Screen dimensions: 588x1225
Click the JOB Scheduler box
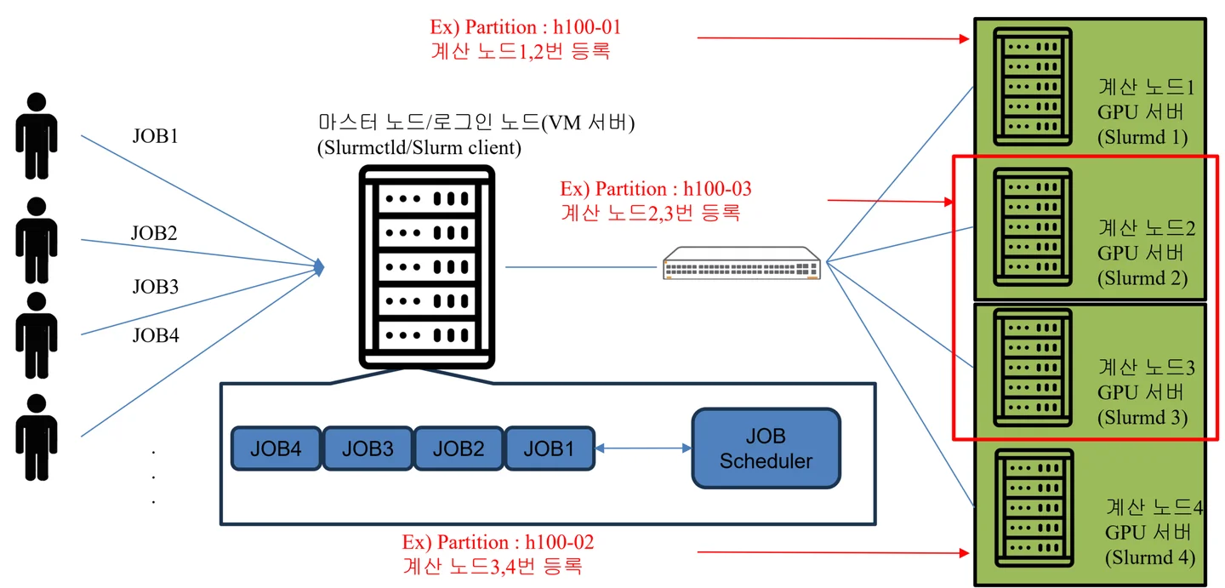tap(766, 448)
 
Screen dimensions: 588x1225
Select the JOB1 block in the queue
tap(549, 448)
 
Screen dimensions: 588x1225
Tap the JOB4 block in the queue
tap(276, 448)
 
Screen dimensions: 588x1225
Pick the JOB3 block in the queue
tap(367, 448)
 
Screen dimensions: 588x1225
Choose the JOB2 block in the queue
tap(459, 448)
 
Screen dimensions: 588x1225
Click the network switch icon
tap(743, 263)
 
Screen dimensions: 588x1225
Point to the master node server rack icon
tap(426, 266)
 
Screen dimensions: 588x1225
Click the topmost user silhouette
tap(36, 135)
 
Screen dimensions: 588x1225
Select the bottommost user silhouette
tap(36, 437)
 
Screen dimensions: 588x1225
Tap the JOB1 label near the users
tap(155, 136)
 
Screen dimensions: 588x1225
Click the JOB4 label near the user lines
tap(155, 335)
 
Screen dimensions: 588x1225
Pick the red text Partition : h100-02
tap(498, 542)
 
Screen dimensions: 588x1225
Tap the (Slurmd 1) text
tap(1142, 137)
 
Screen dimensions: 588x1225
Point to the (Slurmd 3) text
tap(1142, 418)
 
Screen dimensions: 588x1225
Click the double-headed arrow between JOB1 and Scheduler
tap(642, 448)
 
